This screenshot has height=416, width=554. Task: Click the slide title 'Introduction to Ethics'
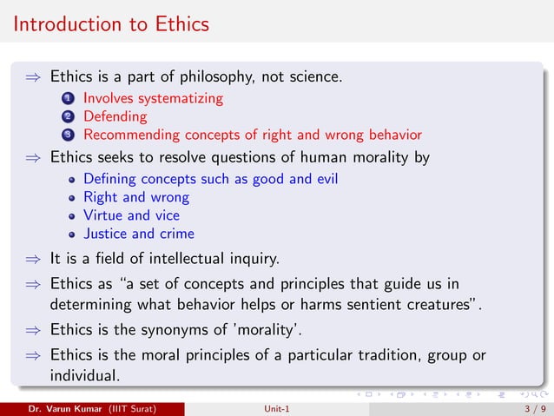tap(111, 24)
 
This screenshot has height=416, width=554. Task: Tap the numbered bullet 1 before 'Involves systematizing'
tap(67, 99)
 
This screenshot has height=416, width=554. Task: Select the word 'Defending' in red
tap(115, 116)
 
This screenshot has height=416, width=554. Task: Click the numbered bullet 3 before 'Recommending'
tap(67, 135)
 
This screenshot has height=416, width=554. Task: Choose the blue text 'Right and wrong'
tap(135, 197)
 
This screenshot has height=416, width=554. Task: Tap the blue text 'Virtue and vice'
tap(132, 215)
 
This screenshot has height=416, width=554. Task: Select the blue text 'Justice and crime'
tap(138, 234)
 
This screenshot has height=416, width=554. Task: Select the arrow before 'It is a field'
tap(31, 259)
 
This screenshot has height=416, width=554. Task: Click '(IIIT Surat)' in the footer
tap(134, 406)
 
